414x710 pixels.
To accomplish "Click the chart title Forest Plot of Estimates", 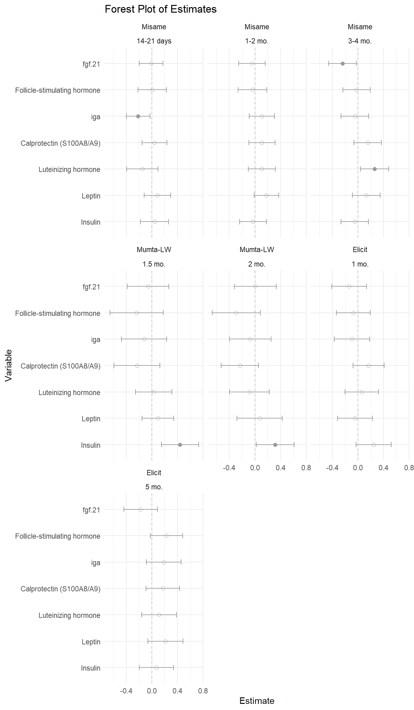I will click(160, 9).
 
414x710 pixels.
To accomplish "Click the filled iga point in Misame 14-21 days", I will click(138, 116).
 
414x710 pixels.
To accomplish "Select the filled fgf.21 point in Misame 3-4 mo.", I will click(343, 63).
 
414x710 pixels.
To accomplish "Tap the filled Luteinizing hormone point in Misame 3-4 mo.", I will click(375, 169).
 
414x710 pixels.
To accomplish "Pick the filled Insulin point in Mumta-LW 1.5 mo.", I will click(180, 445).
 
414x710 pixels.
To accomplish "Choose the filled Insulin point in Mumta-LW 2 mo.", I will click(275, 445).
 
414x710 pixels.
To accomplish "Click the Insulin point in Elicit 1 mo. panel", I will click(374, 445).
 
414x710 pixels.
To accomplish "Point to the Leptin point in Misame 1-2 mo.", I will click(266, 195).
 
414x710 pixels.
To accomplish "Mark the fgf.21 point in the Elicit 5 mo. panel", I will click(140, 509).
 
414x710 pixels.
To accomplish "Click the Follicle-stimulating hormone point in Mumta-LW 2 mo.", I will click(236, 313).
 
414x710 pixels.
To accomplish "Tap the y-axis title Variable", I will click(8, 365).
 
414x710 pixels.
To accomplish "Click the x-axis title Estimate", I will click(257, 701).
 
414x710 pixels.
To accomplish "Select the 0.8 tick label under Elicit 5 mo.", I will click(203, 691).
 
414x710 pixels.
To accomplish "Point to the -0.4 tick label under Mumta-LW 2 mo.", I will click(229, 468).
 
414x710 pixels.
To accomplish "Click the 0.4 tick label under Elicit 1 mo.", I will click(384, 468).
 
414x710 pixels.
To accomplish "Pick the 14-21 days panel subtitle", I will click(154, 41).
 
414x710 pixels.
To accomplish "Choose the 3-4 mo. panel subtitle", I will click(360, 41).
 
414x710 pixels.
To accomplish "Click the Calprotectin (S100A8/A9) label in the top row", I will click(60, 143).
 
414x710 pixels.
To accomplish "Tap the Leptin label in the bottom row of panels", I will click(91, 642).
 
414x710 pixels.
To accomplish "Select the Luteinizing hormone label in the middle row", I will click(69, 393).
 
